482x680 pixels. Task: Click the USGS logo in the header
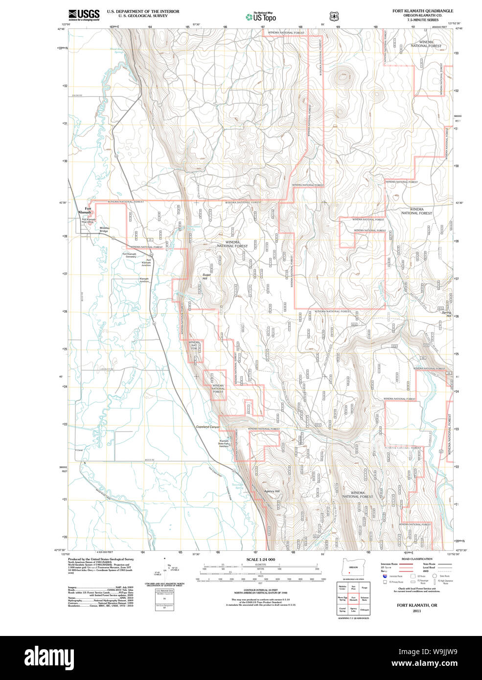point(84,15)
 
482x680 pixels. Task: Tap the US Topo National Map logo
point(261,17)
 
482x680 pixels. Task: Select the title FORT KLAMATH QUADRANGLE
point(422,11)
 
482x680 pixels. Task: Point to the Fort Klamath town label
point(86,211)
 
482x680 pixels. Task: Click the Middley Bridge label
point(104,229)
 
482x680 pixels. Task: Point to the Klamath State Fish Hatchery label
point(224,443)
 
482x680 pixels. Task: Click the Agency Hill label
point(271,491)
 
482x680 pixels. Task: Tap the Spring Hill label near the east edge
point(446,314)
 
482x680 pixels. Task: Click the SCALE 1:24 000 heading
point(260,560)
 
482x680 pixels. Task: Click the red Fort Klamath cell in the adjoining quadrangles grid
point(353,599)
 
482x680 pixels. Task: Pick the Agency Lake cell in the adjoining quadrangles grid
point(353,610)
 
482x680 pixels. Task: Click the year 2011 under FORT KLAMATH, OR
point(416,611)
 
